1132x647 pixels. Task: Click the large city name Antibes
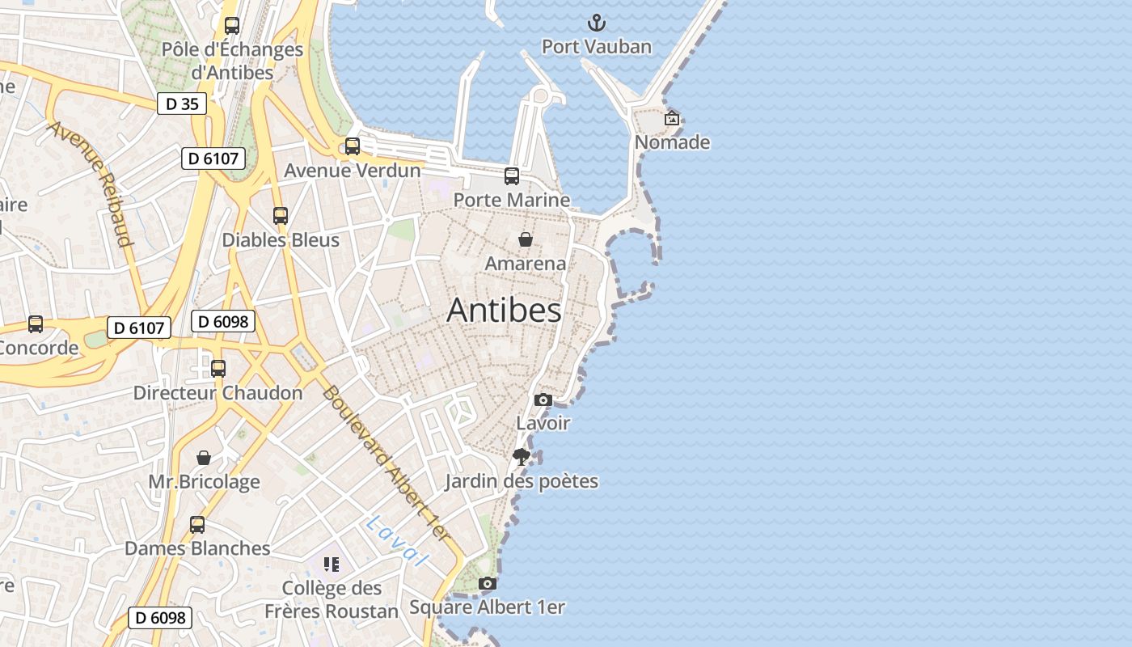[x=504, y=311]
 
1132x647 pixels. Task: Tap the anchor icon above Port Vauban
[x=596, y=23]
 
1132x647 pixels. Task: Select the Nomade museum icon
[x=672, y=118]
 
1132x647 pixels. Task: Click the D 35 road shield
[x=182, y=104]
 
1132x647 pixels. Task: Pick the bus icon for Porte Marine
[x=512, y=175]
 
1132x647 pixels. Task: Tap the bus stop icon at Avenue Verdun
[x=353, y=146]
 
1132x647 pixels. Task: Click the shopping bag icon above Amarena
[x=526, y=239]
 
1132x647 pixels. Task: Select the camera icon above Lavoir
[x=543, y=400]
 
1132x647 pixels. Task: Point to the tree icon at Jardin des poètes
[x=522, y=457]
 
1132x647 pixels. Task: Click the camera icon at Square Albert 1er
[x=487, y=583]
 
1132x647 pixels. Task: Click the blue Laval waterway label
[x=395, y=541]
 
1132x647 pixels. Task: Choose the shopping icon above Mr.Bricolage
[x=204, y=458]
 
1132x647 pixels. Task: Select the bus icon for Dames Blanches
[x=197, y=524]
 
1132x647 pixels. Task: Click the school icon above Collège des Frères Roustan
[x=332, y=564]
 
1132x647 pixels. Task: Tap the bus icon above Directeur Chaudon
[x=218, y=369]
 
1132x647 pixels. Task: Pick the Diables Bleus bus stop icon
[x=281, y=216]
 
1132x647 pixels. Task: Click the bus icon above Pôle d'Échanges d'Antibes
[x=232, y=26]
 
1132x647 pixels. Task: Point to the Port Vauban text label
[x=596, y=47]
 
